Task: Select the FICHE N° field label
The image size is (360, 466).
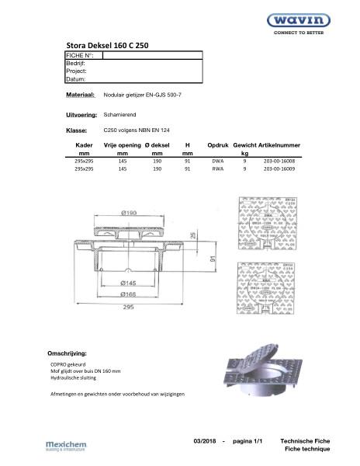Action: pyautogui.click(x=80, y=56)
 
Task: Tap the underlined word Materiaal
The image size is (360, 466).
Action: pyautogui.click(x=80, y=94)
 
